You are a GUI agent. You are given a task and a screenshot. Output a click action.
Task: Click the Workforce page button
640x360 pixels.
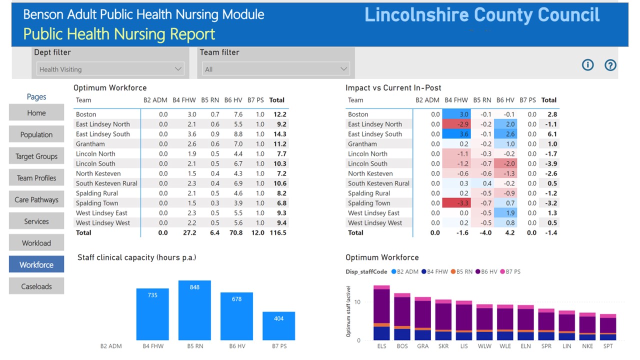36,264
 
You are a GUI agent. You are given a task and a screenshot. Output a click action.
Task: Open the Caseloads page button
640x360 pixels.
36,286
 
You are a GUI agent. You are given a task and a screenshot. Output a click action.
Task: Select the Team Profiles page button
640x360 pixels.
36,178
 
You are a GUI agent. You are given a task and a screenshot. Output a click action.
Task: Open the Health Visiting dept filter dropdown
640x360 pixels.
110,69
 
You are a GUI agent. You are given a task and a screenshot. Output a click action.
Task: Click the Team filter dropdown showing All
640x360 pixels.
276,69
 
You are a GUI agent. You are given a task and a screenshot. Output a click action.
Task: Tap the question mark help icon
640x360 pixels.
610,65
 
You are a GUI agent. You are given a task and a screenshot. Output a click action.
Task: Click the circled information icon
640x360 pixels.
587,65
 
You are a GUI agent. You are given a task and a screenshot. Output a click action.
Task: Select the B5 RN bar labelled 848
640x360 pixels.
194,310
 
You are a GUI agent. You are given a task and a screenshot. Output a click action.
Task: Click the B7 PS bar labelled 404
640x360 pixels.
279,325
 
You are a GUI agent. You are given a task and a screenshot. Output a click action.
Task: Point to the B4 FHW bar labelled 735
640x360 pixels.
152,314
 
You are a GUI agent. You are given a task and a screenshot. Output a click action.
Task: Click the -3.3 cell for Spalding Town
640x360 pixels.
456,203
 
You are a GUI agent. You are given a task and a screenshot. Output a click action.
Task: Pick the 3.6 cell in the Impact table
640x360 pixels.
457,134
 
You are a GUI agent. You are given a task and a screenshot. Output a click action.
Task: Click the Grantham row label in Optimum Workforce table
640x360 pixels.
90,144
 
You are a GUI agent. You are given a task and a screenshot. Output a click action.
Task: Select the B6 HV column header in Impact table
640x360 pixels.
505,100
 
